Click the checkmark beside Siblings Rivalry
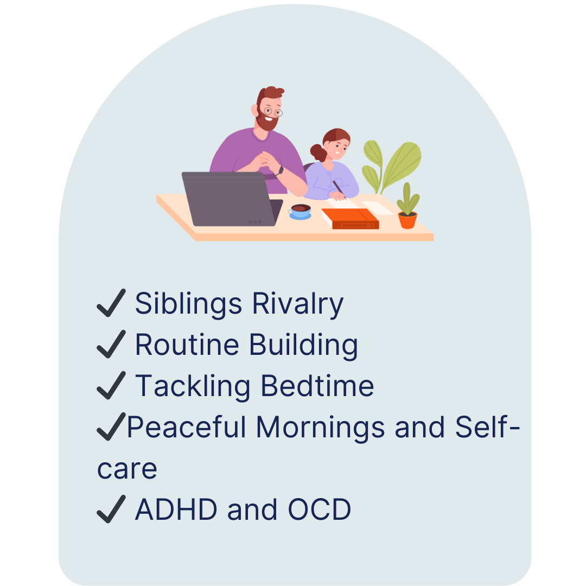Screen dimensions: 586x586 tap(111, 303)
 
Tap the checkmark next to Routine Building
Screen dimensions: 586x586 tap(111, 345)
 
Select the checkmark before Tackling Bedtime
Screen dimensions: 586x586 tap(111, 386)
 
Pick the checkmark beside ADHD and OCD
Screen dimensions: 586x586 tap(111, 509)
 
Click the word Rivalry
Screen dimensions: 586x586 tap(297, 304)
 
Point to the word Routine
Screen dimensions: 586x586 tap(187, 345)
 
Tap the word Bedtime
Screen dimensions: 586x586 tap(317, 386)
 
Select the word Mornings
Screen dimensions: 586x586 tap(321, 428)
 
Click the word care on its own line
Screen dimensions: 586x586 tap(127, 469)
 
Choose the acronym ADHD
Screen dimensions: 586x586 tap(176, 509)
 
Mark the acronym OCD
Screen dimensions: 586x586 tap(320, 509)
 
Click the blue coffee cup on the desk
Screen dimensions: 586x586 tap(300, 212)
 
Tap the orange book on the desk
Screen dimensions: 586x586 tap(350, 219)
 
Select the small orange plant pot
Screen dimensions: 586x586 tap(407, 220)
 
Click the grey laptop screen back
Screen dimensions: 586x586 tap(229, 199)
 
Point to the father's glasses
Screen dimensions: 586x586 tap(273, 112)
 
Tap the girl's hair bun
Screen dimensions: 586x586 tap(317, 152)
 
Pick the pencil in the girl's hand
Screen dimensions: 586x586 tap(339, 189)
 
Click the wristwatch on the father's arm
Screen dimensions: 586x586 tap(280, 170)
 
